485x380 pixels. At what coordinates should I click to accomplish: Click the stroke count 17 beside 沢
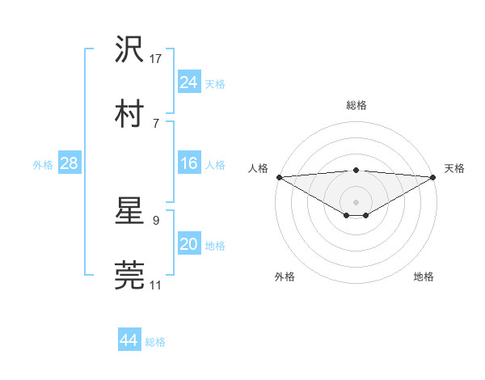coord(156,59)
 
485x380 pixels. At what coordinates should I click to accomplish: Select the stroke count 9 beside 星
coord(155,220)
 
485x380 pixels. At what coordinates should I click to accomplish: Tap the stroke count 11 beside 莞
coord(155,285)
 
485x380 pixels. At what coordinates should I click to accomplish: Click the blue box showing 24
coord(188,82)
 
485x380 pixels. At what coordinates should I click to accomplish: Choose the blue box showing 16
coord(188,163)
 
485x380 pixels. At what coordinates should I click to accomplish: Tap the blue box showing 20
coord(188,245)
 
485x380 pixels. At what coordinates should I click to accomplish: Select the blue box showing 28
coord(70,163)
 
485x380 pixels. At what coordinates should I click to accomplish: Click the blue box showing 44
coord(129,340)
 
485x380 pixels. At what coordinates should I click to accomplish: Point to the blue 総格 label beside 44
coord(155,342)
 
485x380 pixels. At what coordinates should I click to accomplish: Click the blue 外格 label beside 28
coord(43,165)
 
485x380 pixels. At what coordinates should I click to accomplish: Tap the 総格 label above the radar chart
coord(356,105)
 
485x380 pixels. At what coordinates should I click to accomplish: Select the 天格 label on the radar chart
coord(455,168)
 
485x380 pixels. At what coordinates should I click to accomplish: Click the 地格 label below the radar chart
coord(424,277)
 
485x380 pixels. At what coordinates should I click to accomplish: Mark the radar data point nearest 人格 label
coord(279,177)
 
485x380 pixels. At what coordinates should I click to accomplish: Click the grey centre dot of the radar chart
coord(356,201)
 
